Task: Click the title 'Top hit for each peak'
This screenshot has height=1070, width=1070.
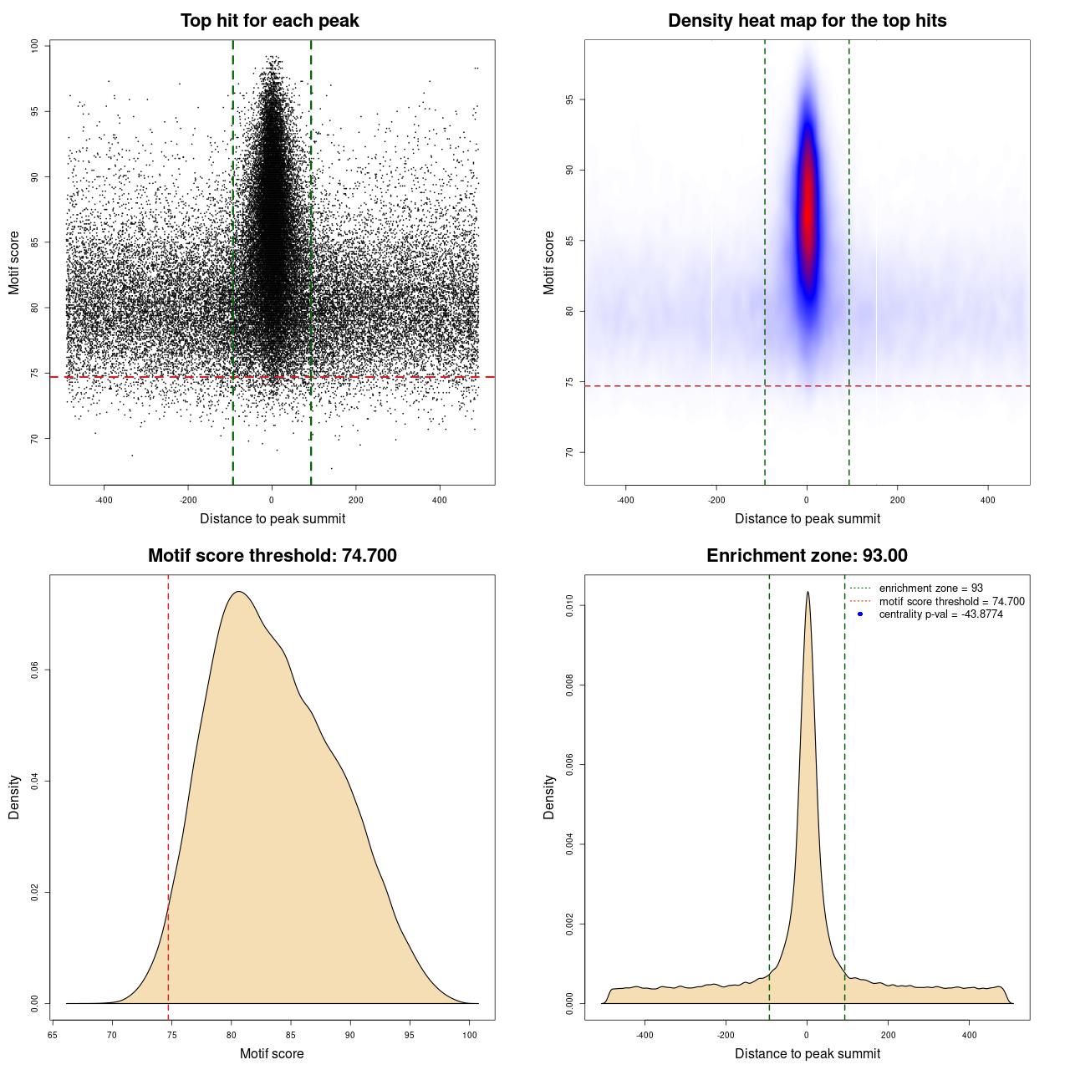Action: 269,21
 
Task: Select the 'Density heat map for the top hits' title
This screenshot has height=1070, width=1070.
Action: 807,21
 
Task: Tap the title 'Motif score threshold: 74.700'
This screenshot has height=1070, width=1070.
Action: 272,556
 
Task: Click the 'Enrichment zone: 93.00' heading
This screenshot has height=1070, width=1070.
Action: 807,556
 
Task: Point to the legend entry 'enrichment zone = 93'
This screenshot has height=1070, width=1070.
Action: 930,588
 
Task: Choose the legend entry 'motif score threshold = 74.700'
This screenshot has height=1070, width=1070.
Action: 951,601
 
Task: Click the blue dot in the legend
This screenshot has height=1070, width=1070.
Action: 860,614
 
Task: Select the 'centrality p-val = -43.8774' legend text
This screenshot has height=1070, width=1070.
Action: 940,614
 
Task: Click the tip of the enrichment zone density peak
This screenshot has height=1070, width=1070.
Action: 808,593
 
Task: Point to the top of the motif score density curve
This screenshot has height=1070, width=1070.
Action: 239,592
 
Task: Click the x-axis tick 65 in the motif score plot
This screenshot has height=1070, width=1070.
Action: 53,1035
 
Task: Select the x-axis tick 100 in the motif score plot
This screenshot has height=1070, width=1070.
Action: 470,1035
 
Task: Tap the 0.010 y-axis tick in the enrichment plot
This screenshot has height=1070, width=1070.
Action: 569,605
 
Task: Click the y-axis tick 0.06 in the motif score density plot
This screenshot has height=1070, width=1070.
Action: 34,670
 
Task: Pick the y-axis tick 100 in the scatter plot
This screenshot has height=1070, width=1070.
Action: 34,46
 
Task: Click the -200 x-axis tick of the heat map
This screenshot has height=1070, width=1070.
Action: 716,500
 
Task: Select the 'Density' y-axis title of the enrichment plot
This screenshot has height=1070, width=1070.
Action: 549,797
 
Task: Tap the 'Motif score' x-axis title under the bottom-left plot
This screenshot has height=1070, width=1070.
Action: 272,1053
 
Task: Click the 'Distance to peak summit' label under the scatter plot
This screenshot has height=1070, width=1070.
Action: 273,518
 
